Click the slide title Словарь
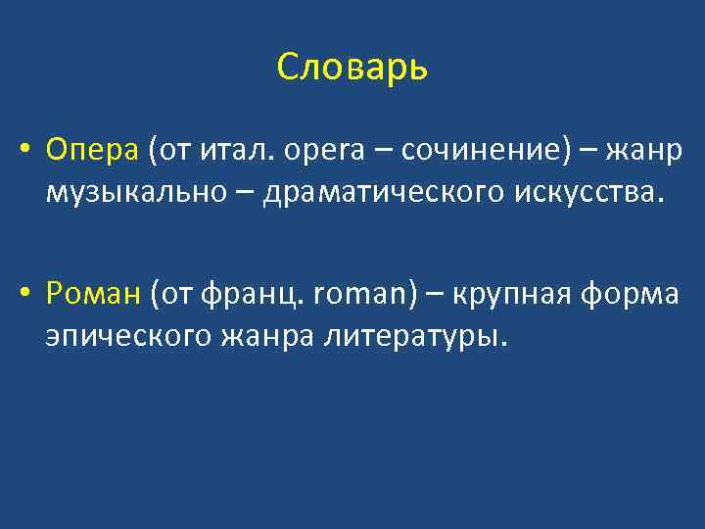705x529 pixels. click(352, 68)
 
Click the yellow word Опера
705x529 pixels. click(93, 152)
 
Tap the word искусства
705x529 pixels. click(584, 194)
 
